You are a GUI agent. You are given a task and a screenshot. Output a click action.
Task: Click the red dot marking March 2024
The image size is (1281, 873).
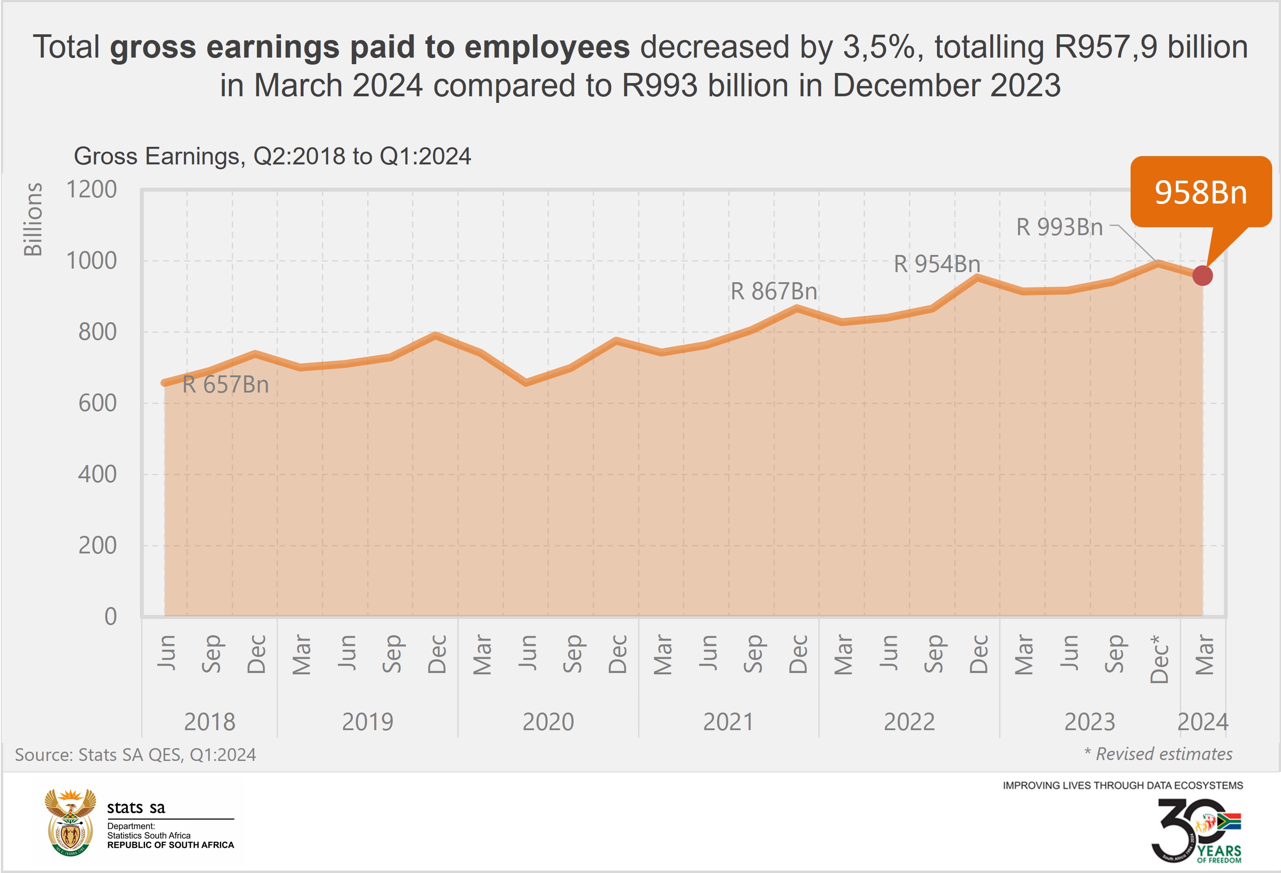tap(1202, 276)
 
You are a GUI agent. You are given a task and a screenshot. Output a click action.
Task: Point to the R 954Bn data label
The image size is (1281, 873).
tap(937, 264)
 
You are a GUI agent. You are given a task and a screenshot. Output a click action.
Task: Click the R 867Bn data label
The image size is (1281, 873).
tap(774, 291)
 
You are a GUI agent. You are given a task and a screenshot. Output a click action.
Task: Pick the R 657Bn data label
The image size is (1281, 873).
tap(226, 385)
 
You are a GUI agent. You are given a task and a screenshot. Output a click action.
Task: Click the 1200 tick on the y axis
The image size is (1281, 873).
tap(91, 189)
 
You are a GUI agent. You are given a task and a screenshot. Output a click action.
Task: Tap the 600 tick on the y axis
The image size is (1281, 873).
tap(97, 404)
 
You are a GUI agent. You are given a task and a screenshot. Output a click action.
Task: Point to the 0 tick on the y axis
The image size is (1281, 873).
tap(110, 617)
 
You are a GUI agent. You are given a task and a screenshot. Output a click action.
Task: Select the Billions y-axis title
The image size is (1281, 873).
tap(33, 219)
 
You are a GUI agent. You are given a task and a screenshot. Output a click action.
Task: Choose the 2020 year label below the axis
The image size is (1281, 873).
tap(548, 722)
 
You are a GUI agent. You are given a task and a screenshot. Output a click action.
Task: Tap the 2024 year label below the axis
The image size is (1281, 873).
tap(1203, 722)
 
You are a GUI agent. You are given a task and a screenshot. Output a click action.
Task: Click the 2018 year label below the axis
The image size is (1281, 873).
tap(209, 722)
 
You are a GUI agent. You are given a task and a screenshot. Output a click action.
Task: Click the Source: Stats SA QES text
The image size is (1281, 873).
tap(135, 754)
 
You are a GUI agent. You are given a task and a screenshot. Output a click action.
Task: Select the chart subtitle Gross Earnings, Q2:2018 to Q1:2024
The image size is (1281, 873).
tap(272, 156)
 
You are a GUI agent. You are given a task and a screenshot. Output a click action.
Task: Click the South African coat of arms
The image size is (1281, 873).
tap(70, 822)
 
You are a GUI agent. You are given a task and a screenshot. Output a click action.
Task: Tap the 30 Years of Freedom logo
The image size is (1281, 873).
tap(1196, 830)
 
